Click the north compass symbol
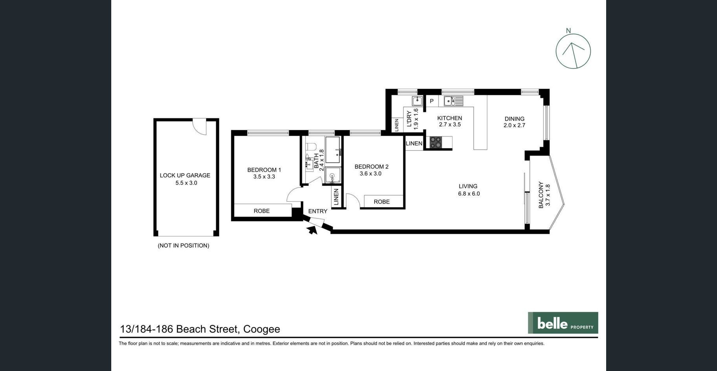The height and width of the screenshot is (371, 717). click(573, 51)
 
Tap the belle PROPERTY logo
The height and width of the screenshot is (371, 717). click(563, 323)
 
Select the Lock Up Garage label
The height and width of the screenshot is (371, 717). click(185, 175)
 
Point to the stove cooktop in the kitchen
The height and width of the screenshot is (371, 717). click(435, 142)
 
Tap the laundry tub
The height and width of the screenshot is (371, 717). click(417, 101)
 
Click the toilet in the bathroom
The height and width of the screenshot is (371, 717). click(311, 147)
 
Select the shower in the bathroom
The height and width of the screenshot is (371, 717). click(333, 175)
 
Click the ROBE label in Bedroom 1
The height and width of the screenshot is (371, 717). click(261, 211)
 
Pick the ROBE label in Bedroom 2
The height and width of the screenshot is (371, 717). click(382, 202)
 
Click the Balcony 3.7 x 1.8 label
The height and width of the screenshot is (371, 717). click(544, 195)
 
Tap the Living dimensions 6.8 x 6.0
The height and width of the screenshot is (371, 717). click(469, 193)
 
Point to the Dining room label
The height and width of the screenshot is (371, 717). click(515, 119)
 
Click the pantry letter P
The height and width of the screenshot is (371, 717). click(432, 101)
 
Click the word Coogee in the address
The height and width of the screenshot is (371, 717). click(261, 329)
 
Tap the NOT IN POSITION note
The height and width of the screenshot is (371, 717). click(184, 246)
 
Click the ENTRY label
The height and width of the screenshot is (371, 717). click(318, 211)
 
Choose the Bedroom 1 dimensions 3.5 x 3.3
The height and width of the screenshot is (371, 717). click(264, 176)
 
